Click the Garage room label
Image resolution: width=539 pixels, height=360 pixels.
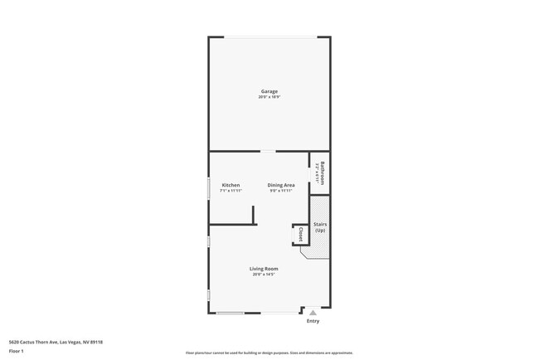click(x=269, y=91)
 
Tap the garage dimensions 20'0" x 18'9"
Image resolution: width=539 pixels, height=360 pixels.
click(x=269, y=97)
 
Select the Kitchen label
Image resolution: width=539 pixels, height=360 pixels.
click(x=231, y=185)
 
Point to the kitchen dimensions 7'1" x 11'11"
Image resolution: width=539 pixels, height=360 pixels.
click(x=231, y=191)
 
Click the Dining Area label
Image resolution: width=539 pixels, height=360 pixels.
click(x=281, y=185)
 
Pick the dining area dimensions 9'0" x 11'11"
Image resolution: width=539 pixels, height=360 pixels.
click(x=281, y=191)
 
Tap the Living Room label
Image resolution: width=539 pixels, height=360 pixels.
click(x=264, y=269)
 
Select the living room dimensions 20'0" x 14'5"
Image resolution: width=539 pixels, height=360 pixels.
click(x=264, y=275)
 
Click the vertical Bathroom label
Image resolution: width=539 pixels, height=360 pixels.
click(x=322, y=173)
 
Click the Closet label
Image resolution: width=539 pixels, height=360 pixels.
click(x=300, y=234)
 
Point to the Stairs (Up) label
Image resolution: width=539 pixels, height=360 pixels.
click(x=320, y=226)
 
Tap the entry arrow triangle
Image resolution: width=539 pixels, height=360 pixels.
click(x=313, y=313)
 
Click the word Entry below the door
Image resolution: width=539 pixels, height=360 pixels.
click(x=313, y=321)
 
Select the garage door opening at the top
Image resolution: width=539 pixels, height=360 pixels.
click(x=269, y=36)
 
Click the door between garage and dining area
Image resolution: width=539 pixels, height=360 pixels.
click(x=268, y=151)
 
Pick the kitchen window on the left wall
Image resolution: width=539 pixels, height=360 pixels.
click(x=208, y=187)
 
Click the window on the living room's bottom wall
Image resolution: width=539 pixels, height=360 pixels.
click(x=231, y=313)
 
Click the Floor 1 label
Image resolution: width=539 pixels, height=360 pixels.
click(x=16, y=352)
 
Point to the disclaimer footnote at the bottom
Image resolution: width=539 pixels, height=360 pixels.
click(x=269, y=353)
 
